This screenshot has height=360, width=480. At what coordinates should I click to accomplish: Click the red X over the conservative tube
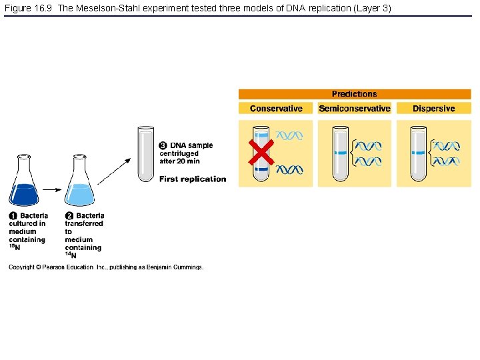point(261,153)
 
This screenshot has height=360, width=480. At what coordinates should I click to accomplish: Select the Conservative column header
point(276,109)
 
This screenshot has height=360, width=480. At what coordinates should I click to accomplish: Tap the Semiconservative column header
point(354,109)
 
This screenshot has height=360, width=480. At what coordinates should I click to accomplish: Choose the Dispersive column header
point(433,109)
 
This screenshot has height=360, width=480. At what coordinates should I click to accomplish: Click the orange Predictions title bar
point(354,94)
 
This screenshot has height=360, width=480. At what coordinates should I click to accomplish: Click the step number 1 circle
point(13,216)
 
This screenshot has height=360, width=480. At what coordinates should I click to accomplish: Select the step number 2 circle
point(69,216)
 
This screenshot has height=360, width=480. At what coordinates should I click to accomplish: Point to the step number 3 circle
point(163,145)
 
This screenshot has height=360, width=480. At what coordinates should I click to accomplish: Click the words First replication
point(193,179)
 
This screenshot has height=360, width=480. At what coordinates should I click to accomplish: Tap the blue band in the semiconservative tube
point(341,153)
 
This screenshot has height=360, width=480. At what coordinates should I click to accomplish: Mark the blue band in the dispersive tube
point(419,153)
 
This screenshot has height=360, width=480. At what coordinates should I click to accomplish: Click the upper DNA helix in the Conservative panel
point(290,135)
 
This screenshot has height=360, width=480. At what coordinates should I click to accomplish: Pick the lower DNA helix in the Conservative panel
point(290,170)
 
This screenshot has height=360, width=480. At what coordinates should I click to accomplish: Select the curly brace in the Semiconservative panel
point(354,153)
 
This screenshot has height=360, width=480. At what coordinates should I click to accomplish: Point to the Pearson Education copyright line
point(105,267)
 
